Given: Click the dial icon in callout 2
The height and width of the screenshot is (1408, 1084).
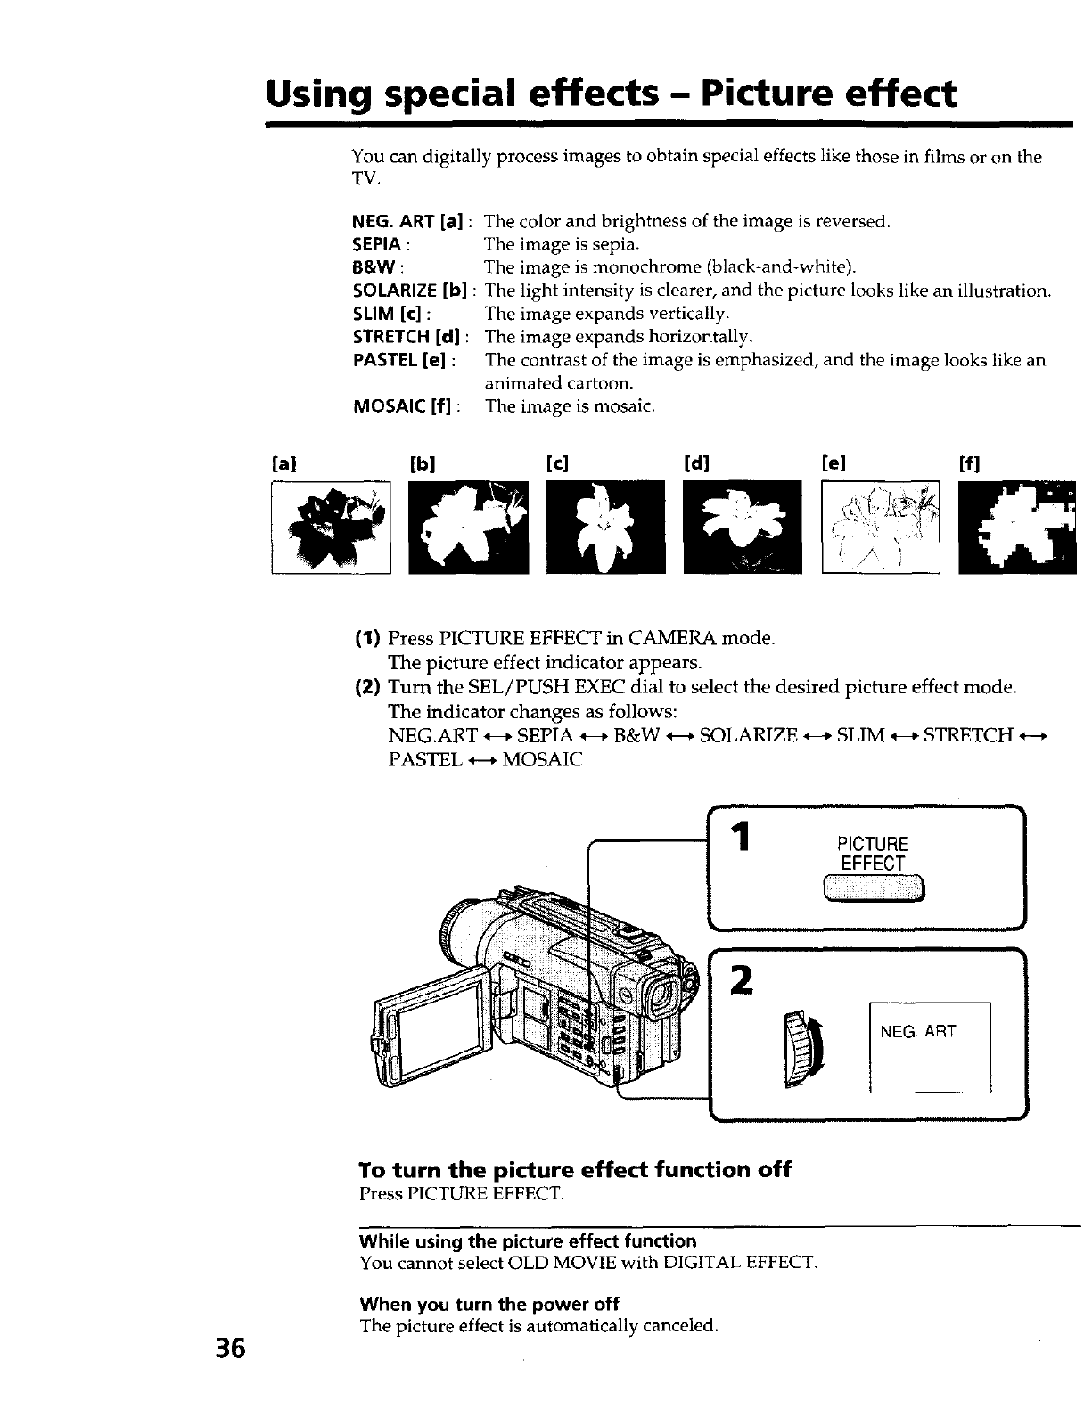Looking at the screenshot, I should click(804, 1049).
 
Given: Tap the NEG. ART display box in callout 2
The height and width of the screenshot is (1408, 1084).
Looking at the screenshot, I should click(930, 1047).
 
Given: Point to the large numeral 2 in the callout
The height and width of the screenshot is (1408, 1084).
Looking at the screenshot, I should click(738, 982).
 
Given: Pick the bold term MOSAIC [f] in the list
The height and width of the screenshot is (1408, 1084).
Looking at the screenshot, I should click(404, 407).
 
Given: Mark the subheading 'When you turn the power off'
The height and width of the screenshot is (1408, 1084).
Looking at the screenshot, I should click(489, 1305).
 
